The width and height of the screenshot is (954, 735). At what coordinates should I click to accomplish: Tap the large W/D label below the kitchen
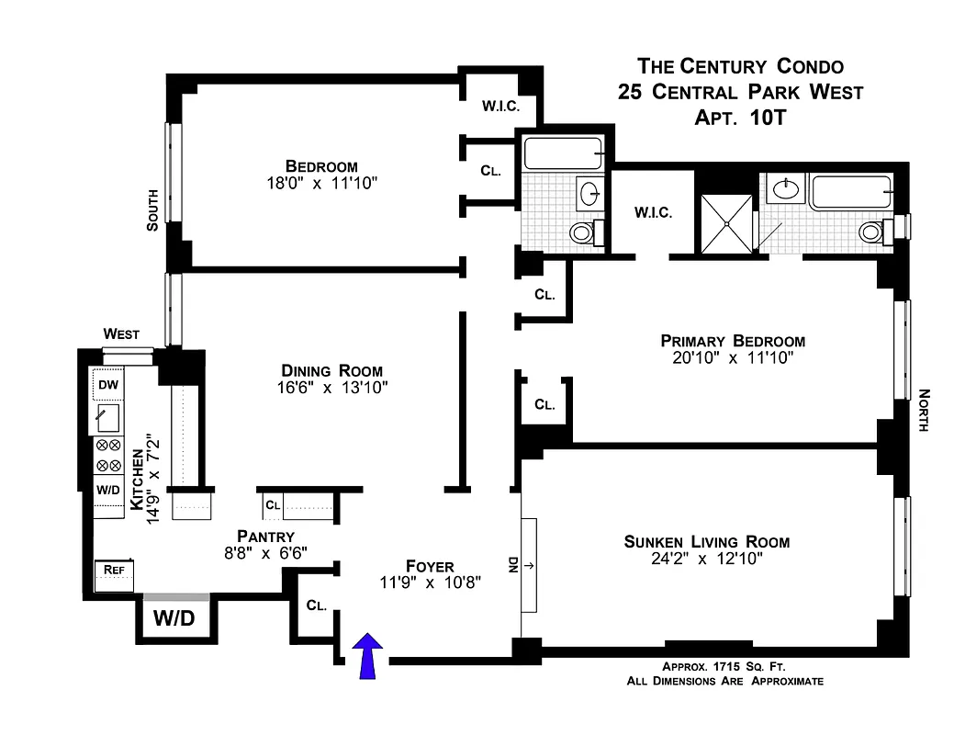coord(174,618)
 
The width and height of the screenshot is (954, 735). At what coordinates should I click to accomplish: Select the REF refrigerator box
coord(114,570)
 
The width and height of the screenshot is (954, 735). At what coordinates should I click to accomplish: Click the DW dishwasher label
coord(107,384)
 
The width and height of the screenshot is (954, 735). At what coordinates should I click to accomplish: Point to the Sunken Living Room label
coord(706,541)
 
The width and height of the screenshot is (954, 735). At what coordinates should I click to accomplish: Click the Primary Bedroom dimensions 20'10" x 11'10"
coord(733,357)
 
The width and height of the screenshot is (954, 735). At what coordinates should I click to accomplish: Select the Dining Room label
coord(331,370)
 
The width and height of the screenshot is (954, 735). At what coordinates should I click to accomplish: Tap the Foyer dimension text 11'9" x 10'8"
coord(430,582)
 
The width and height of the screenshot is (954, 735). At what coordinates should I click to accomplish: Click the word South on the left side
coord(153,209)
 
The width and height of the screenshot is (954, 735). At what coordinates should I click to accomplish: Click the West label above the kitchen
coord(121,334)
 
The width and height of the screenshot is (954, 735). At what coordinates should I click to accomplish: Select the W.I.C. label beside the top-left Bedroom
coord(500,107)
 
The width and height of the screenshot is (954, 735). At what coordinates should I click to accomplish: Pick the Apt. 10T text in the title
coord(740,117)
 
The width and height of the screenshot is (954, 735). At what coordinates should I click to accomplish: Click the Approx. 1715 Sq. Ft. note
coord(724,667)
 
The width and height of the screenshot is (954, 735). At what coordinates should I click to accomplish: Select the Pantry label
coord(264,537)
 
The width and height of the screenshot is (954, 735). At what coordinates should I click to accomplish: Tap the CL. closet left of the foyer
coord(318,605)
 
